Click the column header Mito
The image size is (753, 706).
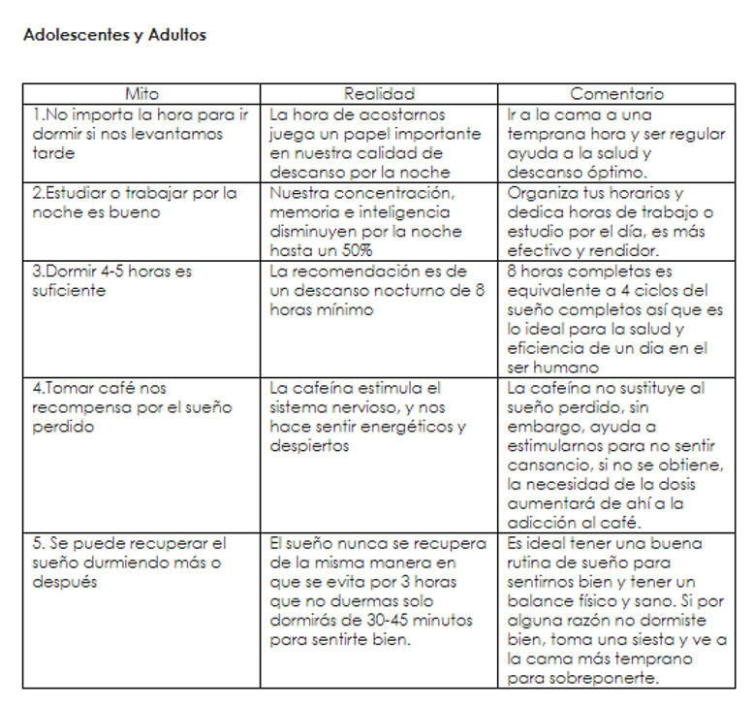tap(142, 94)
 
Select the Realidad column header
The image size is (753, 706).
tap(379, 94)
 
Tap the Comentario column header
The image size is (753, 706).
tap(616, 94)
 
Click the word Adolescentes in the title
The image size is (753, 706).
tap(73, 35)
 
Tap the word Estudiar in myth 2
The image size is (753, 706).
tap(76, 193)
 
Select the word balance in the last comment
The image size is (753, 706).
tap(539, 601)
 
